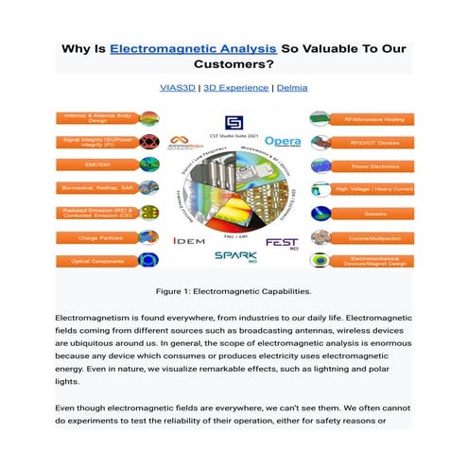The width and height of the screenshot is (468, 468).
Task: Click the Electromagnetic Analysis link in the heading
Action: click(x=194, y=47)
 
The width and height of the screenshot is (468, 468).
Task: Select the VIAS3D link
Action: click(x=179, y=88)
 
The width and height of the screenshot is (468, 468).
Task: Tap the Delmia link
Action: click(x=292, y=88)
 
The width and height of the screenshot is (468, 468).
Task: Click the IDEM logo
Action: click(x=188, y=241)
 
